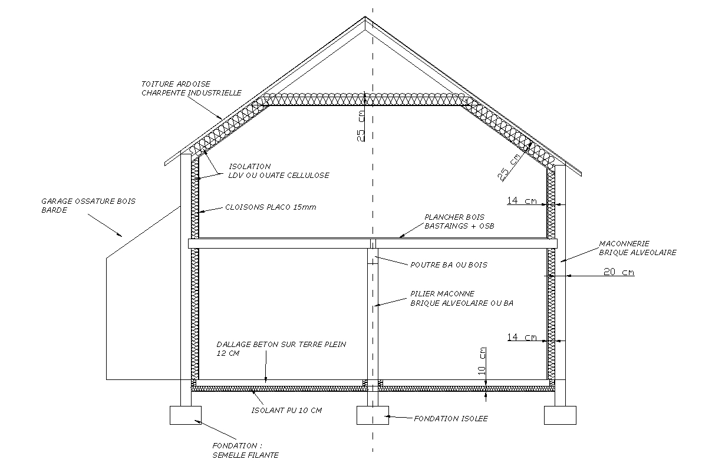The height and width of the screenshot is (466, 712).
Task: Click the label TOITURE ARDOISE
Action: (x=176, y=84)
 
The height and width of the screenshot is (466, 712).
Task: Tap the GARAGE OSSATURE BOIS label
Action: (x=88, y=201)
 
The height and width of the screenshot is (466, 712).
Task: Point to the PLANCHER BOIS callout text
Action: (x=454, y=217)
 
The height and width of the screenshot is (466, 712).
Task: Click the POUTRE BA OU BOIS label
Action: (x=448, y=265)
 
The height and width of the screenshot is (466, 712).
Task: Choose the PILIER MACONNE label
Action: (x=442, y=294)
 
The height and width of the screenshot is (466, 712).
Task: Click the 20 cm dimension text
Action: (x=619, y=272)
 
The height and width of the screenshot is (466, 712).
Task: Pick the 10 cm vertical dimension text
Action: (x=483, y=361)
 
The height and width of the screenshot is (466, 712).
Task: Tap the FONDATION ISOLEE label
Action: (x=450, y=419)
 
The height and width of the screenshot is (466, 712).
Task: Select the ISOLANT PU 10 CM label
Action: (x=286, y=411)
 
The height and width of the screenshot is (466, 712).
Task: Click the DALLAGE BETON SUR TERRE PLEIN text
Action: (x=281, y=345)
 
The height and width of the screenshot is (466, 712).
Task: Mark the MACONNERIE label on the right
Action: (x=625, y=243)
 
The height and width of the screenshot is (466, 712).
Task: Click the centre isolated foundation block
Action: (x=373, y=415)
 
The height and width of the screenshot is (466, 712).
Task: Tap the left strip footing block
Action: (x=186, y=415)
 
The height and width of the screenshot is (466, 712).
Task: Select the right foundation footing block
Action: (x=560, y=415)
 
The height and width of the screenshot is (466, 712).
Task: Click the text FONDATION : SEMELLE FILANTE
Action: (x=245, y=450)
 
